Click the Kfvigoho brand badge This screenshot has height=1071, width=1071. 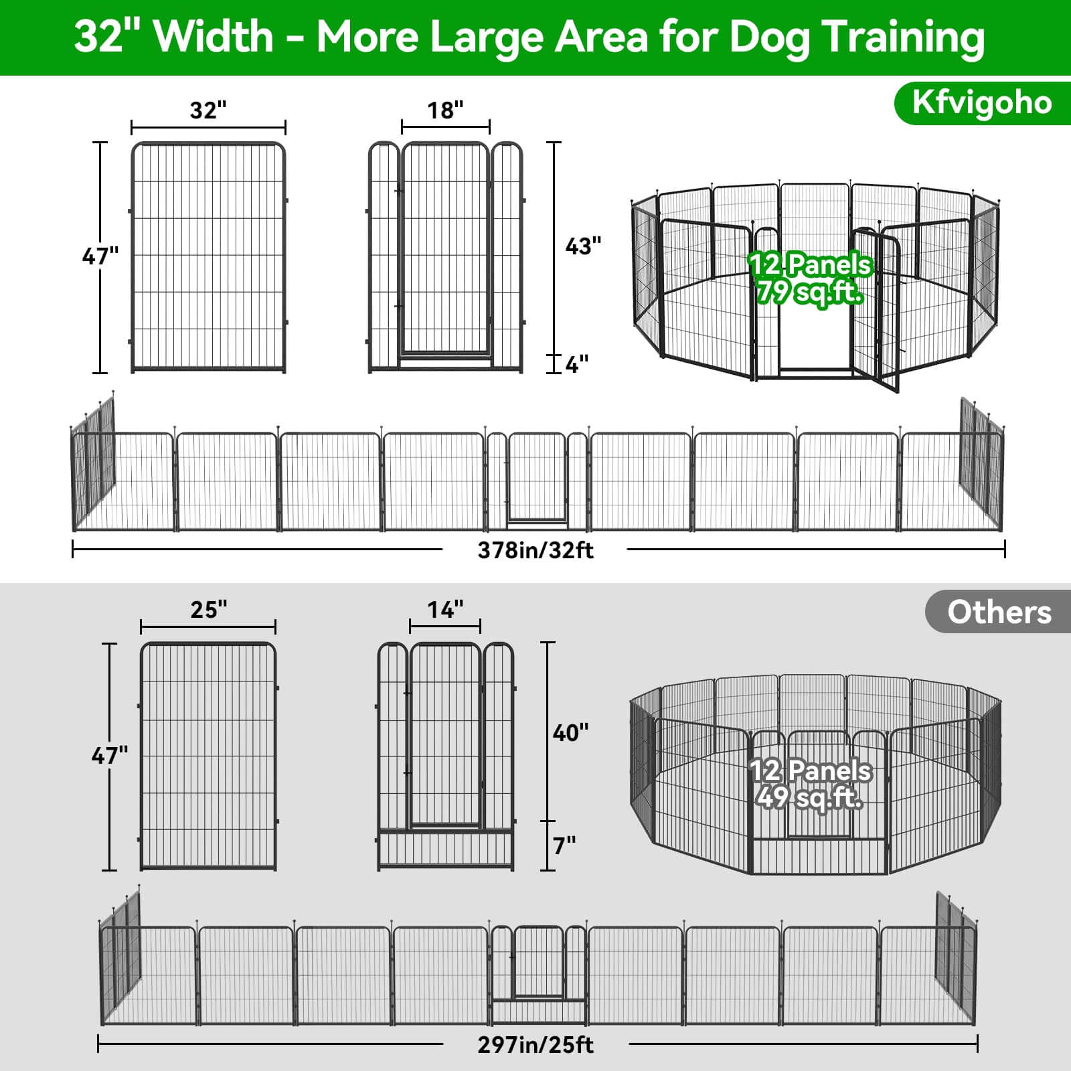982,103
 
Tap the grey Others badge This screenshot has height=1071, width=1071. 999,612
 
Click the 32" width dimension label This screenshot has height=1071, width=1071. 208,110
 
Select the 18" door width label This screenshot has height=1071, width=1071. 445,110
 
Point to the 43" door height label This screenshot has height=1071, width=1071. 583,246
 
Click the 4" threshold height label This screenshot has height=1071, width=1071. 577,365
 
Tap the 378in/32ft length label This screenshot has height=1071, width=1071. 535,550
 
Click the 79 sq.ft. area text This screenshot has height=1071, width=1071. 810,293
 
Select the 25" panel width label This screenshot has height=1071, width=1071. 208,610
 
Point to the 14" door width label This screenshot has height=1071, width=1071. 445,610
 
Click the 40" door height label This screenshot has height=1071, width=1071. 570,733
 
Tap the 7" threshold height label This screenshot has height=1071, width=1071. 564,846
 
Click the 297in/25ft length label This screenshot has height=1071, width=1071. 535,1045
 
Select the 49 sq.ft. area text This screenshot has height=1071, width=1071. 810,798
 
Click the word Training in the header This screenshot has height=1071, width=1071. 903,37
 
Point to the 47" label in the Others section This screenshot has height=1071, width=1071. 110,756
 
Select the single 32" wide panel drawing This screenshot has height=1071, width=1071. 208,258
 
